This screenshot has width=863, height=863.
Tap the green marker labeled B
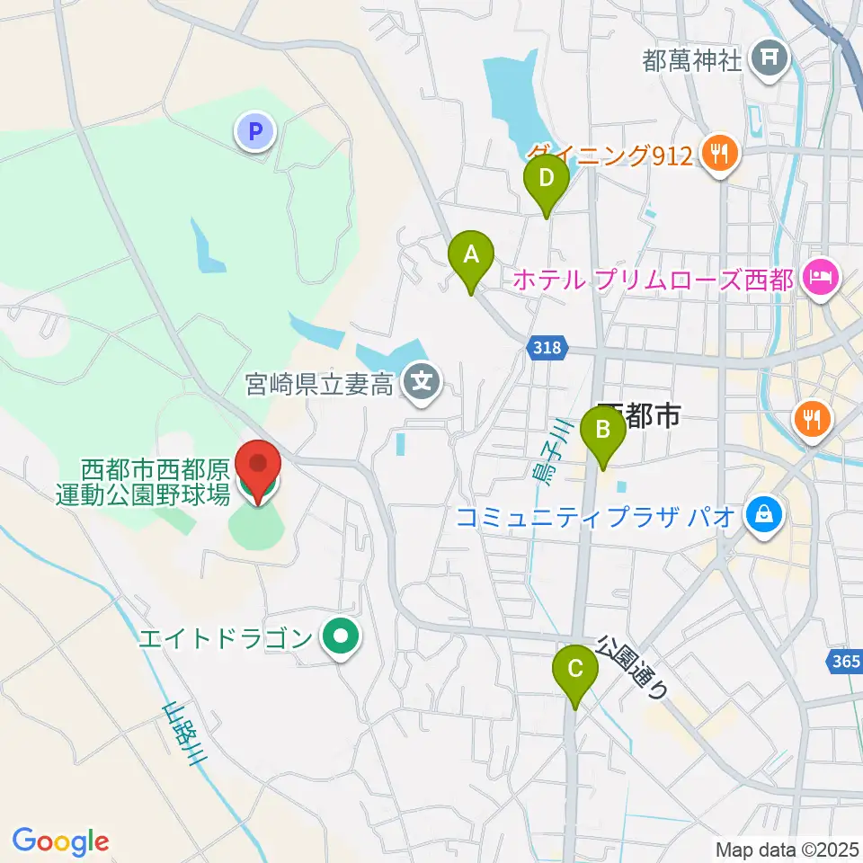(x=604, y=432)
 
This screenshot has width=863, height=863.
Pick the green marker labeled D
(x=546, y=180)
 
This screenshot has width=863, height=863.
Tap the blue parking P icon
(x=255, y=133)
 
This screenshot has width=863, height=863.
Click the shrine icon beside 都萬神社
(x=769, y=59)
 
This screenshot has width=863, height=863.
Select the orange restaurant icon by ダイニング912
(x=720, y=155)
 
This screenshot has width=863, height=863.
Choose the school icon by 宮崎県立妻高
(x=420, y=384)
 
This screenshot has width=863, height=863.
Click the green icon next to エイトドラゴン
(x=341, y=638)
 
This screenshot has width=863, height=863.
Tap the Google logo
(x=60, y=841)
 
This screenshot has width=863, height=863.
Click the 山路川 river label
(x=184, y=734)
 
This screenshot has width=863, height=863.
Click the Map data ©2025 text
(x=787, y=849)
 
